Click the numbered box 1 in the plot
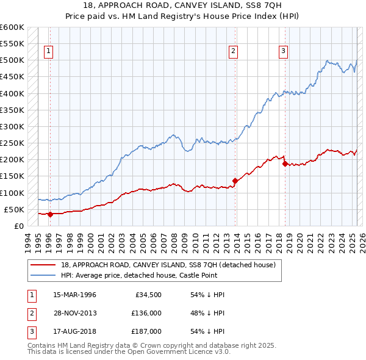(x=48, y=51)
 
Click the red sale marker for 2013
(x=235, y=181)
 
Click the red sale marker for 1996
(x=50, y=214)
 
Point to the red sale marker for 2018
(x=285, y=164)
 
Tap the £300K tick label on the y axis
(x=12, y=126)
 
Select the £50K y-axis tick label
(x=14, y=209)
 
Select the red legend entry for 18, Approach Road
(x=168, y=265)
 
